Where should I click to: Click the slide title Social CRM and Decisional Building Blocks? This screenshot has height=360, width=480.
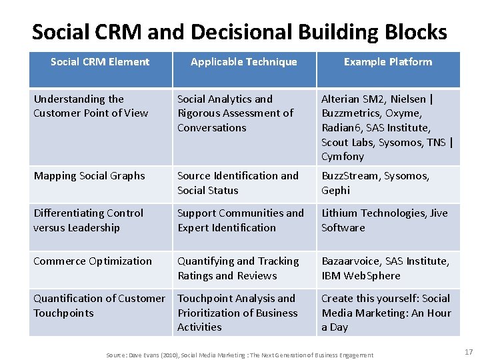tap(239, 31)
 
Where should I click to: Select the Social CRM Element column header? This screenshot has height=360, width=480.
tap(100, 62)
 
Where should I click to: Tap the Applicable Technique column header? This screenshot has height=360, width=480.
tap(243, 62)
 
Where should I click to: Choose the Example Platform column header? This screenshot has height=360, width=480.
tap(387, 62)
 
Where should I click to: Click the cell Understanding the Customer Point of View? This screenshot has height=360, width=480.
tap(91, 106)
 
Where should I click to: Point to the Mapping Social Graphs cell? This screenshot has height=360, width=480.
tap(89, 176)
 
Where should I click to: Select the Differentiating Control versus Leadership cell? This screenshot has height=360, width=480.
tap(89, 220)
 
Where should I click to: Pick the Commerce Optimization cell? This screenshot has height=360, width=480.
tap(93, 261)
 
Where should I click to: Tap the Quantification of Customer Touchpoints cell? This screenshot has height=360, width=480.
tap(99, 305)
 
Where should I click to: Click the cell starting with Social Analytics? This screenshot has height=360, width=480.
tap(235, 113)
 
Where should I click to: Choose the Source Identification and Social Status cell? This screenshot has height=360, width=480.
tap(238, 183)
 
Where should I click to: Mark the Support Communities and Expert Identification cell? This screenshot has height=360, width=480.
tap(241, 220)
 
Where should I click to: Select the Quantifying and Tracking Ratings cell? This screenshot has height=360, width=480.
tap(238, 268)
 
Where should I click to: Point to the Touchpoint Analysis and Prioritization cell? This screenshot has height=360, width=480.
tap(237, 313)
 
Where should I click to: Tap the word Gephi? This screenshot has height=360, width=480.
tap(335, 191)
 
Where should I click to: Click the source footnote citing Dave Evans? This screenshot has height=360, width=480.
tap(240, 355)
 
